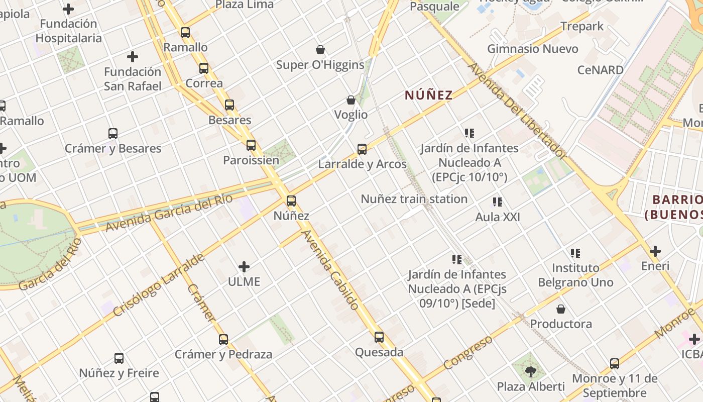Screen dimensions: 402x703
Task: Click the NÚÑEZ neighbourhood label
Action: point(429,95)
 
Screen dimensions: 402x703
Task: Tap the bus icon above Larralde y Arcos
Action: point(362,149)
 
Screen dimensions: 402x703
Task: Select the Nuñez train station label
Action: point(414,199)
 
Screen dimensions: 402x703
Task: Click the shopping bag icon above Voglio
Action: point(351,100)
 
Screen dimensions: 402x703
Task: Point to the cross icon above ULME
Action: point(244,267)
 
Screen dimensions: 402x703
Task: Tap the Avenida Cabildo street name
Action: point(330,269)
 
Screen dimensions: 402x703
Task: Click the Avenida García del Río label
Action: point(169,213)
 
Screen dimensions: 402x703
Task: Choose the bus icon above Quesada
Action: point(379,337)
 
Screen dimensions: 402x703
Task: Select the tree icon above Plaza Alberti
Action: point(531,372)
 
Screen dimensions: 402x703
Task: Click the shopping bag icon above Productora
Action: point(561,309)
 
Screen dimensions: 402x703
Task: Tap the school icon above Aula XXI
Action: point(498,202)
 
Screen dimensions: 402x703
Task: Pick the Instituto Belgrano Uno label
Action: point(575,275)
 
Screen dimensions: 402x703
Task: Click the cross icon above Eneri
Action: point(655,251)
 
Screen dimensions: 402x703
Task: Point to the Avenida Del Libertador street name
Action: point(518,111)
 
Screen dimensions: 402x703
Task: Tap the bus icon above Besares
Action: point(229,105)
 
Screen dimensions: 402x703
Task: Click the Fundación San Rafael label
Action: point(133,79)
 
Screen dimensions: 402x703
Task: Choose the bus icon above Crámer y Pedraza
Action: point(223,340)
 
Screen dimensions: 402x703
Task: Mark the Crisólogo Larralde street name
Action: point(159,284)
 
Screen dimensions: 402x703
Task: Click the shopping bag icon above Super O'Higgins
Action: point(320,50)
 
